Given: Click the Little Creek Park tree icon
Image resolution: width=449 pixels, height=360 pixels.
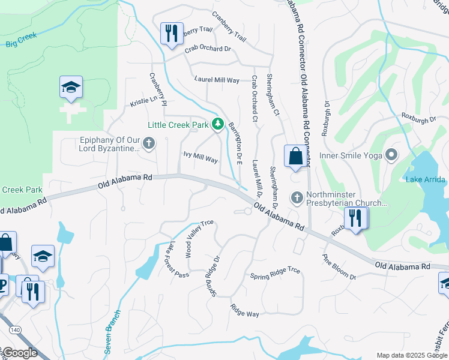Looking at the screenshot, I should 218,125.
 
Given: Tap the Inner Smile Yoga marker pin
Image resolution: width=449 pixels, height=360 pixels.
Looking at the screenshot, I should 391,155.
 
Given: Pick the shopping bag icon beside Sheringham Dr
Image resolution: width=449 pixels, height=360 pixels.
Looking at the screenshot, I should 295,157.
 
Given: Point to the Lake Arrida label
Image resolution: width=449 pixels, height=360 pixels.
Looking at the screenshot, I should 425,179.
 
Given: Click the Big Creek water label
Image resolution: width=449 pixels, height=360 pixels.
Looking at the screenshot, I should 22,40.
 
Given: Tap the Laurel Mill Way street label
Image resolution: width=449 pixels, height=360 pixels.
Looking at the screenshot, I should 217,80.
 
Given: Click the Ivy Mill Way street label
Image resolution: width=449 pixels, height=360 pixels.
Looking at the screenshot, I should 200,158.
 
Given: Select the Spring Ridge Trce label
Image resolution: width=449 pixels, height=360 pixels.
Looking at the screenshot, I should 275,273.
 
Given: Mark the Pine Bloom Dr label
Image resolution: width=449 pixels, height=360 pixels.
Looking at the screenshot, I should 339,268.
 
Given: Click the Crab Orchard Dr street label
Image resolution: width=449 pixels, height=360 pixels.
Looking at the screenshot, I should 208,49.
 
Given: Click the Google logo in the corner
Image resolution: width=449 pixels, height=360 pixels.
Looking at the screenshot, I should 20,353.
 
